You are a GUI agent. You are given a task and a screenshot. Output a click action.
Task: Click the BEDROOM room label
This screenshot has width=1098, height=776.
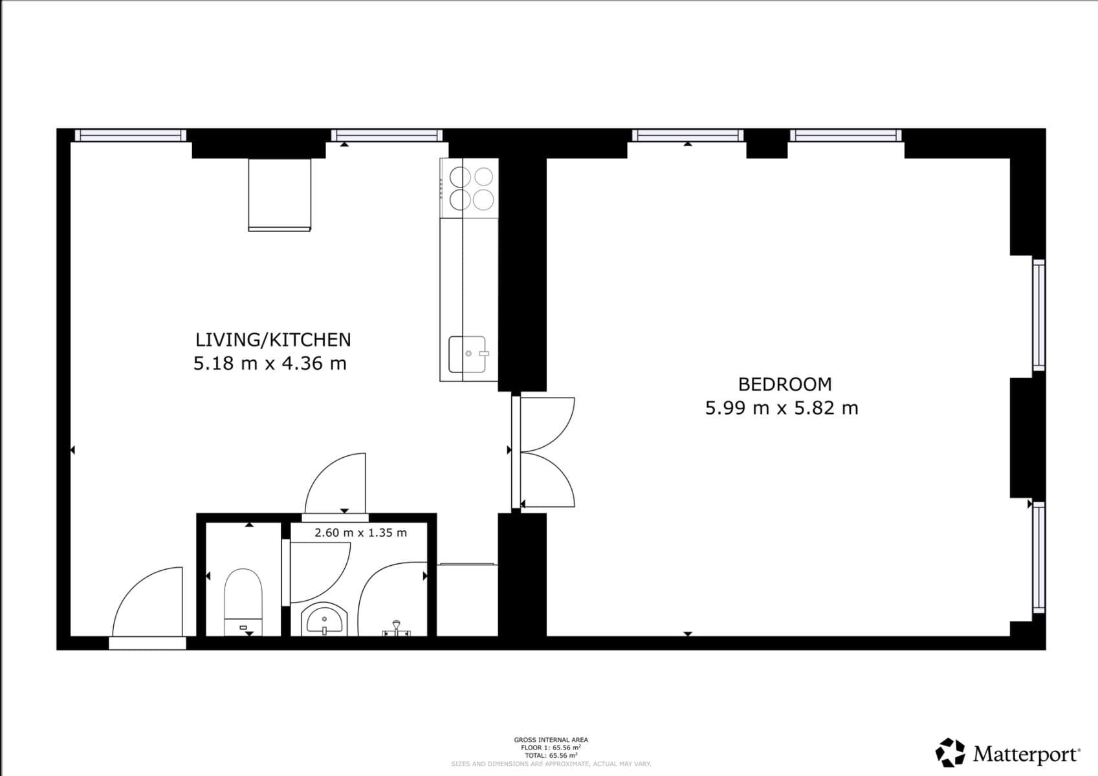(x=784, y=384)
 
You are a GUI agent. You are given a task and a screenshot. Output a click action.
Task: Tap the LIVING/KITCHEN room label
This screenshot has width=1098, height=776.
(x=273, y=339)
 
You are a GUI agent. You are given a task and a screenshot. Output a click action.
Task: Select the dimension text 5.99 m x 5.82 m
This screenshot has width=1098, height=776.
(x=782, y=408)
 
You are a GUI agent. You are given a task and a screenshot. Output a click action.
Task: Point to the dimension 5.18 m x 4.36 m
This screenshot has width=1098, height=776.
(x=270, y=363)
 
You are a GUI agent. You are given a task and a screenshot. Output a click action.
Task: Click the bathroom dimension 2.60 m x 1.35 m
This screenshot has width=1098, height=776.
(x=360, y=533)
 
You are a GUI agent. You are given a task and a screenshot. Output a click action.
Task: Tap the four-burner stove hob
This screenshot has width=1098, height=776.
(x=471, y=188)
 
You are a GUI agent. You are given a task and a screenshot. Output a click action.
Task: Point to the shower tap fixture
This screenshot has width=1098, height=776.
(x=396, y=629)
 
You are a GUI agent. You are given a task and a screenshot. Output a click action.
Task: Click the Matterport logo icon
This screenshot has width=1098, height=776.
(x=950, y=753)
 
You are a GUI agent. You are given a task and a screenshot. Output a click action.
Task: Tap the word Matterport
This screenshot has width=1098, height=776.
(x=1026, y=754)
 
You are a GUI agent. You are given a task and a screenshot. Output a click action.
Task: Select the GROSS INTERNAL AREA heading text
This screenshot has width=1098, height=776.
(x=551, y=740)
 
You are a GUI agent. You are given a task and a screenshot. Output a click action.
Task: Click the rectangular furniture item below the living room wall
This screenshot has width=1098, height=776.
(x=280, y=194)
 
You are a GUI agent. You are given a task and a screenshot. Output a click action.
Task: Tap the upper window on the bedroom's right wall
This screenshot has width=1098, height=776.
(x=1038, y=315)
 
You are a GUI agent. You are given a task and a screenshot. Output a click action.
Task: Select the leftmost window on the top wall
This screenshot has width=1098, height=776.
(x=131, y=135)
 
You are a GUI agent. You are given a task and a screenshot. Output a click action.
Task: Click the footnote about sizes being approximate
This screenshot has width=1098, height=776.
(x=551, y=764)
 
